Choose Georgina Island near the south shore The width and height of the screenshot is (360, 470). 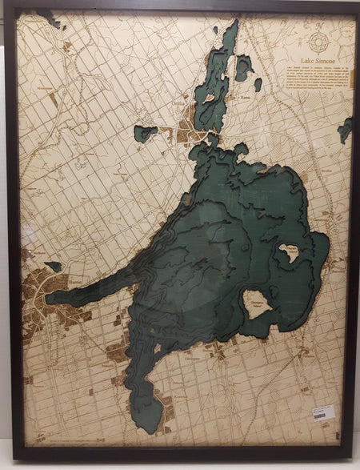coord(257,303)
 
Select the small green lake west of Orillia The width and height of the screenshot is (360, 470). coord(145,133)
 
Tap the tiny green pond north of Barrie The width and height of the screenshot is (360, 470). coord(54,266)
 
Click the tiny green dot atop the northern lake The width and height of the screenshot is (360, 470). coord(215,30)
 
